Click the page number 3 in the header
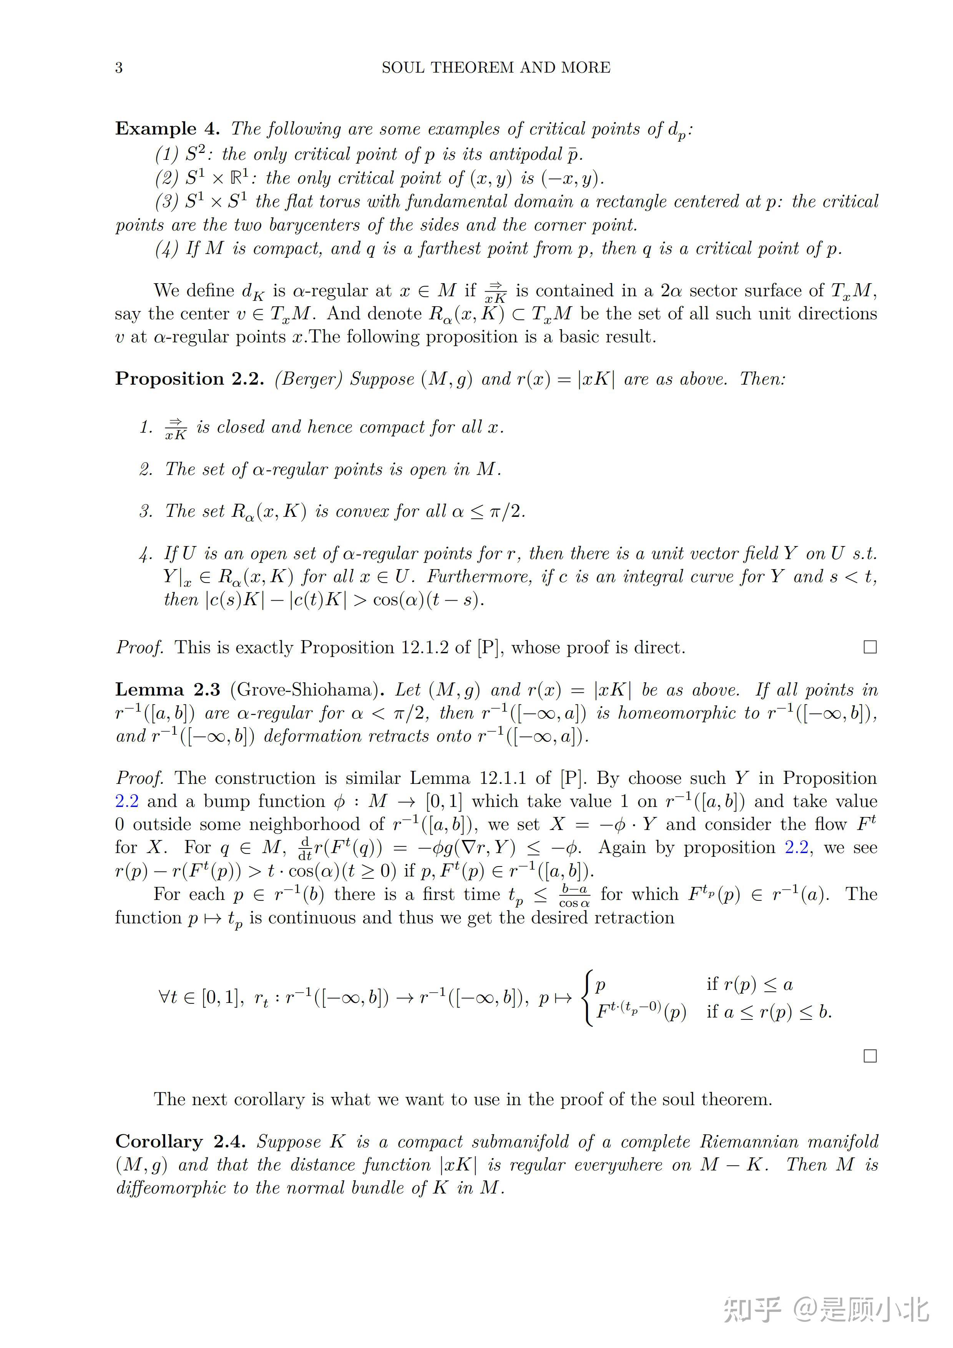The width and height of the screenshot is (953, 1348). (x=119, y=68)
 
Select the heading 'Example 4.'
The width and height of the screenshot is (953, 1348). (x=167, y=129)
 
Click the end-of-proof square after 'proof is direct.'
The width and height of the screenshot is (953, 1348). (x=870, y=647)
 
